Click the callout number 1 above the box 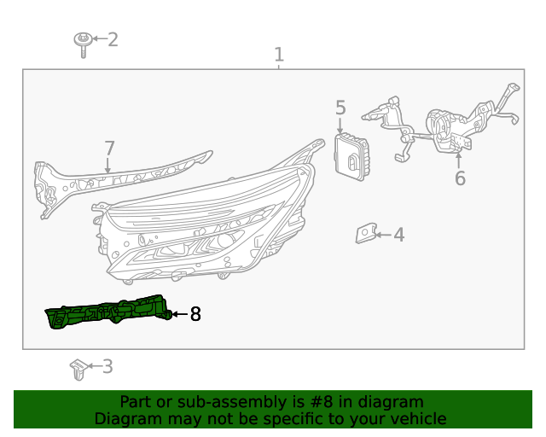(x=278, y=55)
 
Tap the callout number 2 (x=112, y=39)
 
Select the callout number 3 (x=107, y=367)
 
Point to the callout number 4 (x=398, y=234)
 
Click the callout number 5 (x=340, y=108)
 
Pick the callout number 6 (x=460, y=179)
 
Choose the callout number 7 (x=108, y=149)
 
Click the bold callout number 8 (x=195, y=314)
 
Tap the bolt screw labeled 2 (x=84, y=43)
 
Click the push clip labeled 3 (x=78, y=370)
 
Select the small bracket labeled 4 (x=367, y=233)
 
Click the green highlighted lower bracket (x=107, y=313)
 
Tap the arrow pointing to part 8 (x=178, y=314)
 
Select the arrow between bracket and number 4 (x=383, y=234)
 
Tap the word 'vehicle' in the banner (x=417, y=419)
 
